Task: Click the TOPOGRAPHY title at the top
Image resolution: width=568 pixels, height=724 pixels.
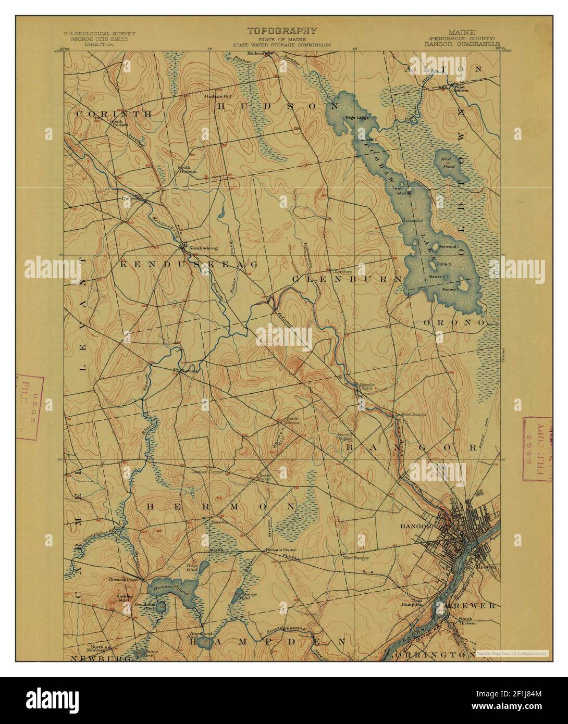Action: (x=281, y=31)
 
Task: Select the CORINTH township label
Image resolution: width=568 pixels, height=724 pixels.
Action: (x=114, y=114)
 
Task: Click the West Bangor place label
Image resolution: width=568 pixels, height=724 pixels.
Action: (x=355, y=557)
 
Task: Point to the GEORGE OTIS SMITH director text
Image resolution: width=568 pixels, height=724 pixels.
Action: (x=99, y=39)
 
